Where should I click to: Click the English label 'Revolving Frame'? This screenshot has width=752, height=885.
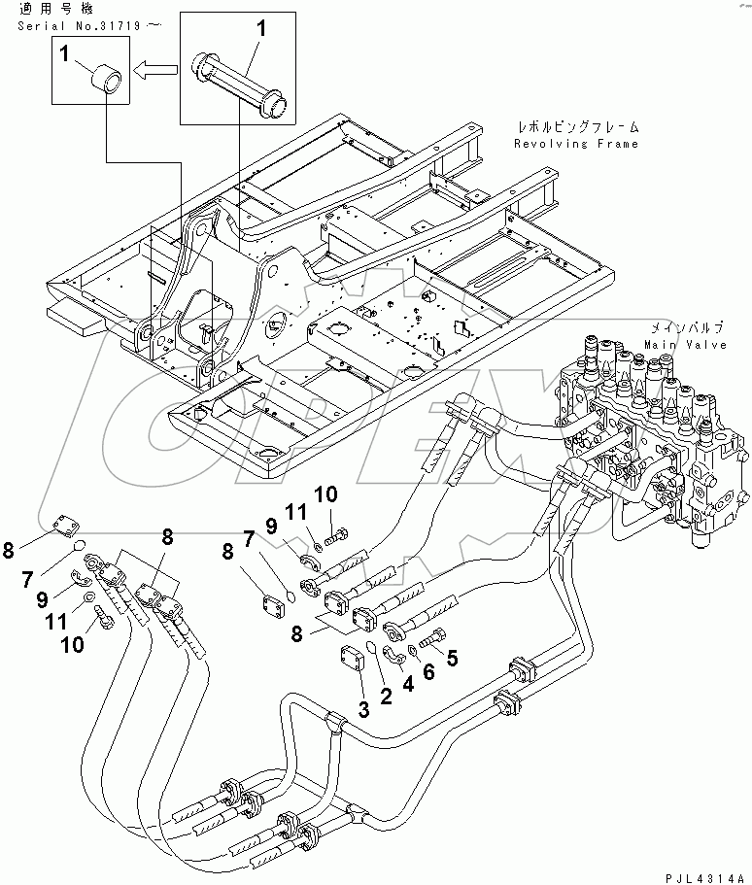[x=576, y=144]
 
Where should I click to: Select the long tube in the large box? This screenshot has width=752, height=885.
[x=239, y=84]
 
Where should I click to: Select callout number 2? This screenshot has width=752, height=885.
[x=385, y=695]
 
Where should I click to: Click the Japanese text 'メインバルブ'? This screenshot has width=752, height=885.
[x=681, y=330]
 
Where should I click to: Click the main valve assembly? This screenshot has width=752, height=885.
[x=641, y=427]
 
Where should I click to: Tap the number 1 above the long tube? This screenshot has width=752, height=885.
[x=259, y=30]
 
